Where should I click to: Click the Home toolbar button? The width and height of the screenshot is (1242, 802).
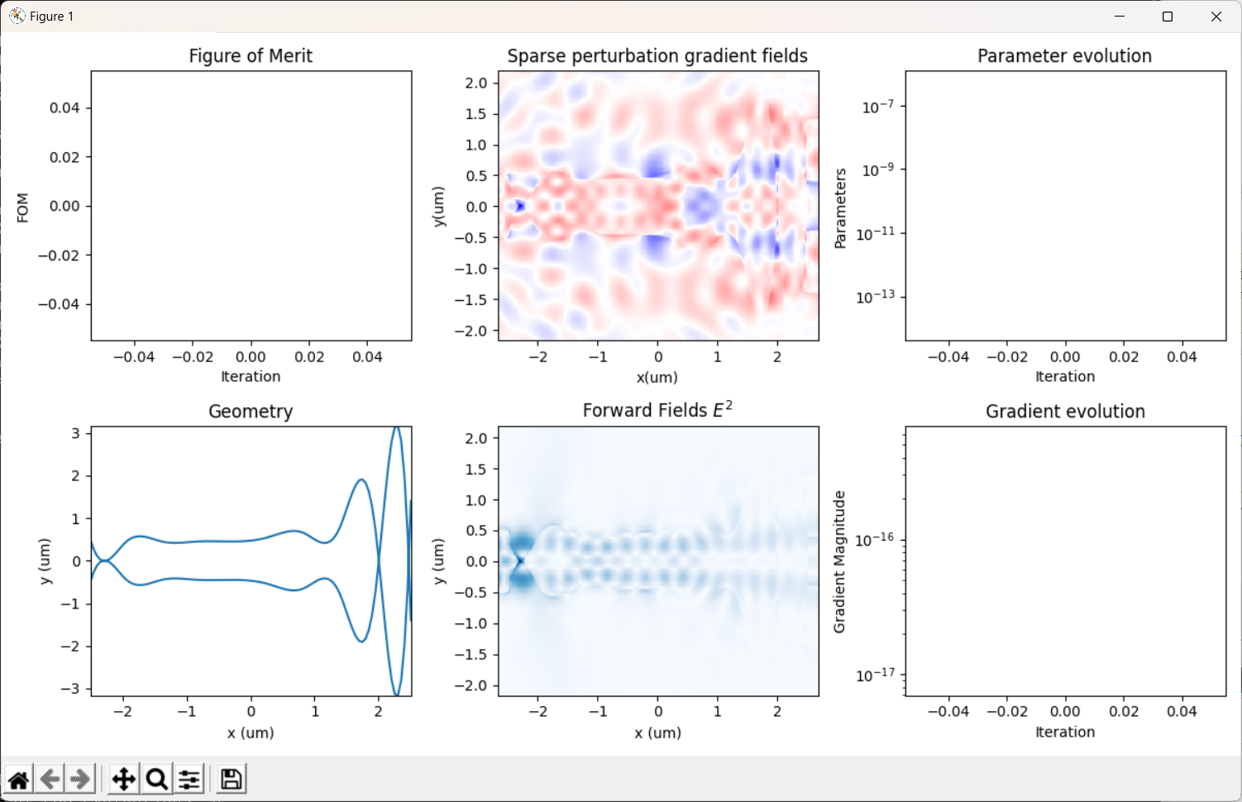[18, 780]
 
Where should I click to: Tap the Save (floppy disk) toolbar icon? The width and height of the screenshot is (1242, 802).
[231, 780]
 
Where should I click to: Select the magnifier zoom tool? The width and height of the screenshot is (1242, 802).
[157, 780]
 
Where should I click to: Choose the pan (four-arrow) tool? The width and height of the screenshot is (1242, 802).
[124, 780]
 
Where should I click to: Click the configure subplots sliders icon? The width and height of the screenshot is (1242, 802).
[189, 780]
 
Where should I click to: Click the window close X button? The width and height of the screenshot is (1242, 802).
[1216, 17]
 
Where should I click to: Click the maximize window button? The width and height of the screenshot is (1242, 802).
[1167, 17]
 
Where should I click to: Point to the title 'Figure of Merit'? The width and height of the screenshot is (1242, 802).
[251, 56]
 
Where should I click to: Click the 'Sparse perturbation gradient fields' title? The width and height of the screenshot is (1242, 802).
[657, 56]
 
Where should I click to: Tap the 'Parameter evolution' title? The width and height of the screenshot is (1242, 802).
[1064, 56]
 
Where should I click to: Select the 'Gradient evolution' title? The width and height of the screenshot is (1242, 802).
[1065, 411]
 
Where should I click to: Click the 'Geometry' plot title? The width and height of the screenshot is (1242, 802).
[251, 412]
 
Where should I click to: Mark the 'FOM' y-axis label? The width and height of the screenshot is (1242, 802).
[22, 208]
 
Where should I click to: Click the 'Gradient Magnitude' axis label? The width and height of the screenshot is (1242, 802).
[839, 561]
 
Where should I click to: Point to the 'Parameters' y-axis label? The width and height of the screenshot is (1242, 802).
[841, 208]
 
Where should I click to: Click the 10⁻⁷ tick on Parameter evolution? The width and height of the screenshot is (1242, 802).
[877, 106]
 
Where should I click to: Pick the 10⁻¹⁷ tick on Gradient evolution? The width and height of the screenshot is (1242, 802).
[875, 675]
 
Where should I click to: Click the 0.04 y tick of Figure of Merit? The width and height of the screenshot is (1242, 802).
[64, 107]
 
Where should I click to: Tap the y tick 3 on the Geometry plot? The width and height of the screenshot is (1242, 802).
[75, 433]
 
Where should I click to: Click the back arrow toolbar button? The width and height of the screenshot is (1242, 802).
[50, 780]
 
